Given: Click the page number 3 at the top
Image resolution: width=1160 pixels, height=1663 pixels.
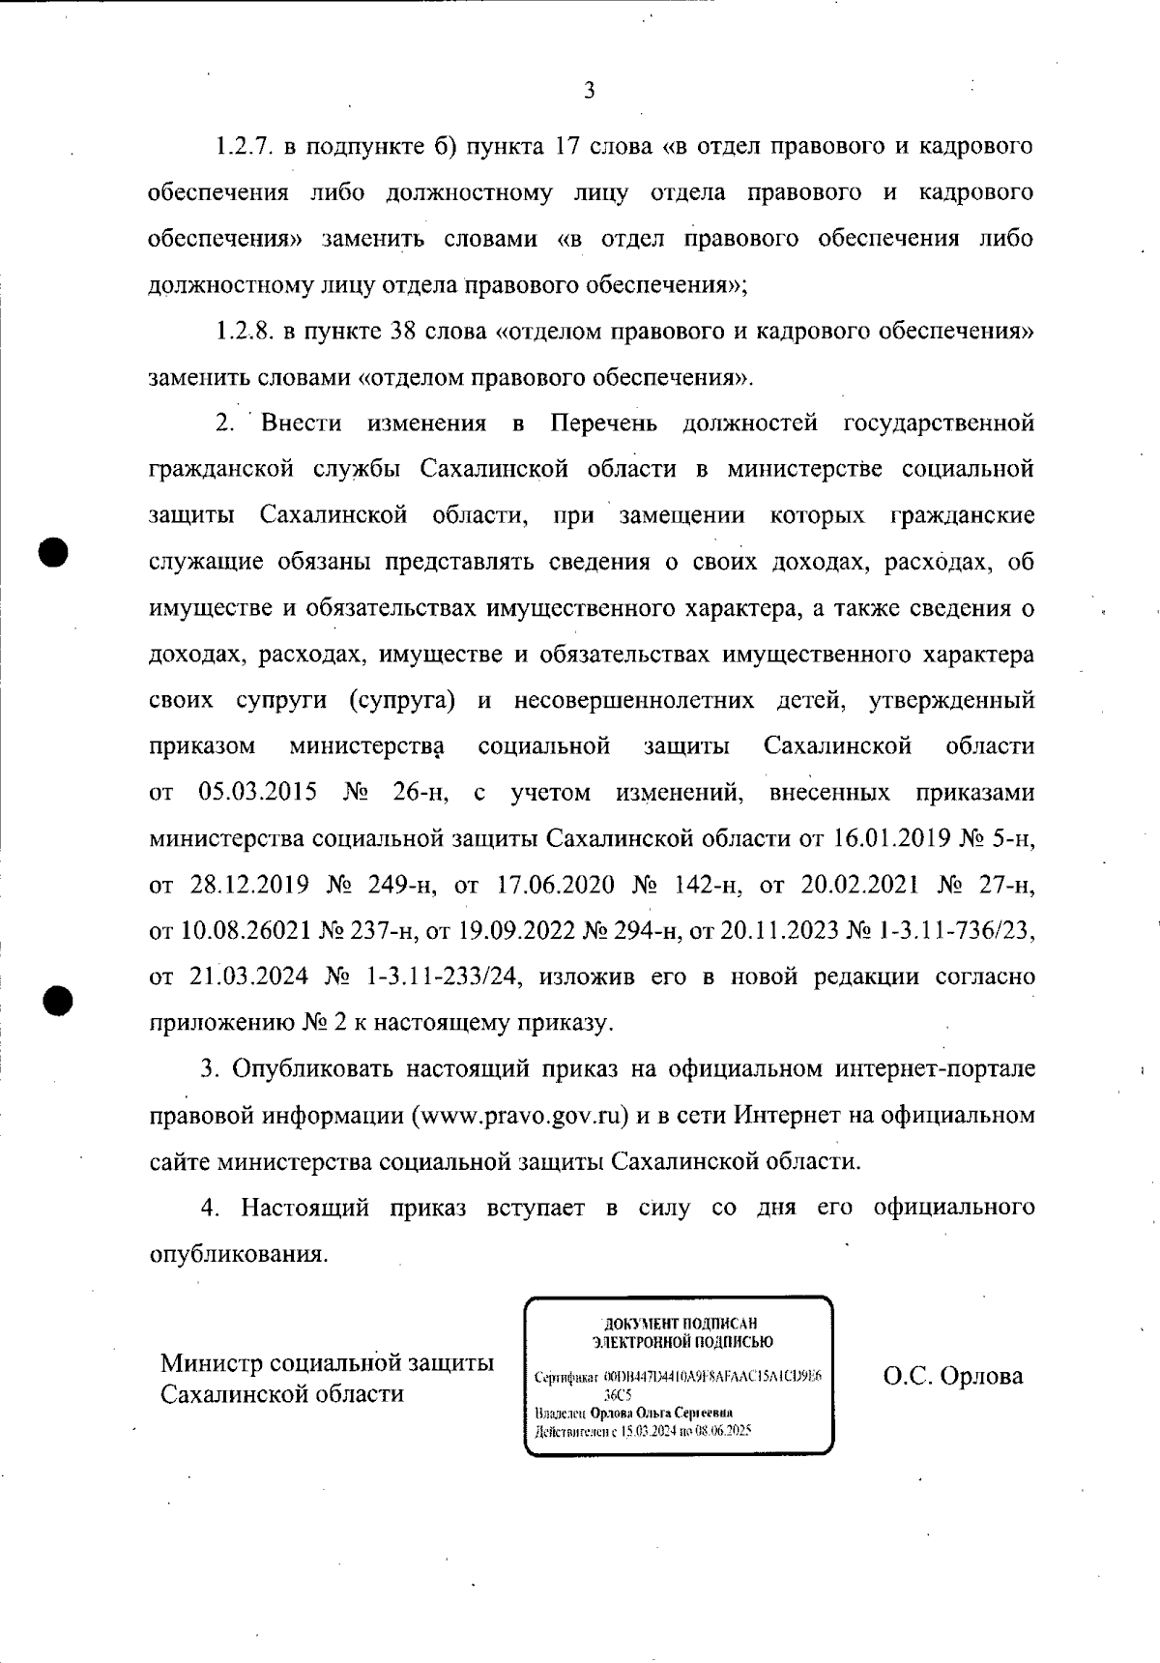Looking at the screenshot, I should pos(589,92).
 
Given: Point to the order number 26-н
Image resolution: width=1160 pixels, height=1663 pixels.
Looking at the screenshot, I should pos(418,793).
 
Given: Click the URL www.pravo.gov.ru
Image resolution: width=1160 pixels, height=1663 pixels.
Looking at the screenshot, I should pos(517,1116).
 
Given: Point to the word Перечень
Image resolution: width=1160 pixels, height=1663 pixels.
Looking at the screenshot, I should pos(604,423).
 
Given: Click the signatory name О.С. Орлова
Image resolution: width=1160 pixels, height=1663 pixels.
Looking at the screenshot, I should pos(953,1377).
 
